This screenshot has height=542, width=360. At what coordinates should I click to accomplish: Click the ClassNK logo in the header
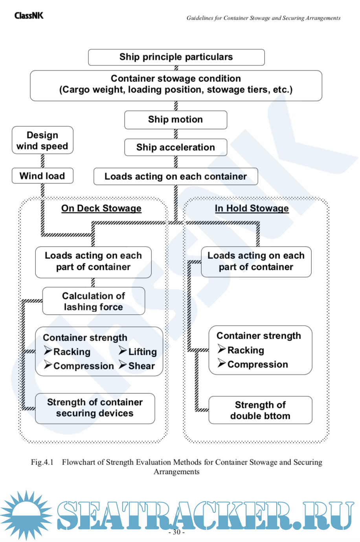29,16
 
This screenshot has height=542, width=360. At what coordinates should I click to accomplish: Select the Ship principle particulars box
176,57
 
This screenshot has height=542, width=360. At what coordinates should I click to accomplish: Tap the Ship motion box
176,120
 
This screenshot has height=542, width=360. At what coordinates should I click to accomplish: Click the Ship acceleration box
176,147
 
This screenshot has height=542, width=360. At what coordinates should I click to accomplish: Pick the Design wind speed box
42,140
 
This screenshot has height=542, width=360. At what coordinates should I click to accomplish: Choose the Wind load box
42,176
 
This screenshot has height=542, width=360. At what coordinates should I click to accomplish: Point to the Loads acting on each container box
176,177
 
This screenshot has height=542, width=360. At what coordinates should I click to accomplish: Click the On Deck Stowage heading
101,208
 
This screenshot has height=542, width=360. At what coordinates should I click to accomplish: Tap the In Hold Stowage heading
252,208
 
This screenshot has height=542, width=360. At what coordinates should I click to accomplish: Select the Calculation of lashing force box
94,301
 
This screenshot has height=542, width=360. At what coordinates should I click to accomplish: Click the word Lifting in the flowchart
142,352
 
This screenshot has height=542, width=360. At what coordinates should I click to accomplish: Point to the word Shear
141,366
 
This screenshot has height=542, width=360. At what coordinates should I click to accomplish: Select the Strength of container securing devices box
95,408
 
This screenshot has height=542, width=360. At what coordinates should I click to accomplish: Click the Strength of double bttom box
260,411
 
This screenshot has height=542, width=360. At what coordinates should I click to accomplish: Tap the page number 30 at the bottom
176,532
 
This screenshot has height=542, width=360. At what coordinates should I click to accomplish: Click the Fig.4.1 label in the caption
42,462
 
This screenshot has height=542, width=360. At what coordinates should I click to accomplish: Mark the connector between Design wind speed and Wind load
42,161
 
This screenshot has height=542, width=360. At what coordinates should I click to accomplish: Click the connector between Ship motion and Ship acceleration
176,134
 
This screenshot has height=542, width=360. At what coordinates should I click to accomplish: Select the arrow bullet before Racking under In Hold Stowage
222,349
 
